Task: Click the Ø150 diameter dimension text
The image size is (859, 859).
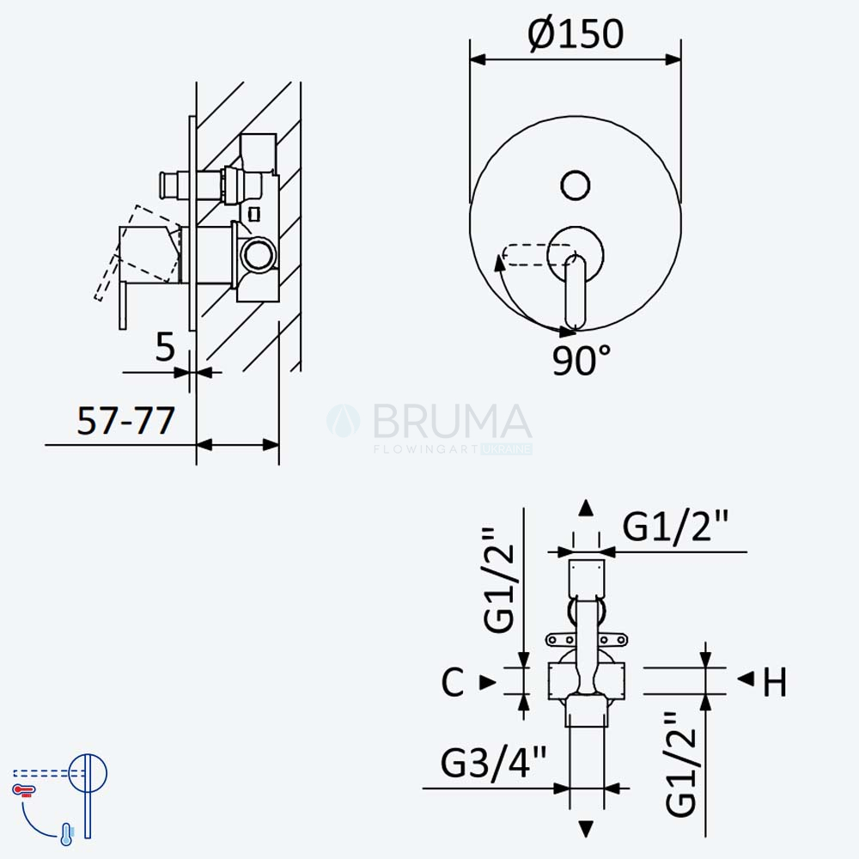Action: [576, 34]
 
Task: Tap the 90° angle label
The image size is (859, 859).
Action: [582, 360]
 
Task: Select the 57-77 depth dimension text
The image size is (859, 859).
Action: [126, 421]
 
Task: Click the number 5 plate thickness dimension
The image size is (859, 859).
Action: [165, 347]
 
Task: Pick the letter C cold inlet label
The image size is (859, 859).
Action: [453, 682]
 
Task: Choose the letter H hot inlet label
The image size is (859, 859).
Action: [775, 682]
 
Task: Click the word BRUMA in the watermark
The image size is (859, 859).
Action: [453, 421]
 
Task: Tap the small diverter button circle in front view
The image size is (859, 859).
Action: [576, 185]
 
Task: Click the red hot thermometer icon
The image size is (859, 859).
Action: [24, 790]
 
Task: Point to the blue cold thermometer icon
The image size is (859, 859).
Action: [66, 834]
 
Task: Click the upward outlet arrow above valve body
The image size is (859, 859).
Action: [586, 508]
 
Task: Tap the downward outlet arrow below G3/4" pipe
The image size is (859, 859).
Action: [586, 829]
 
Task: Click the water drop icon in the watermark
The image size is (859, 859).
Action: [344, 420]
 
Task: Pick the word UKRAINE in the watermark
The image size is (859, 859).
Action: [507, 449]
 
